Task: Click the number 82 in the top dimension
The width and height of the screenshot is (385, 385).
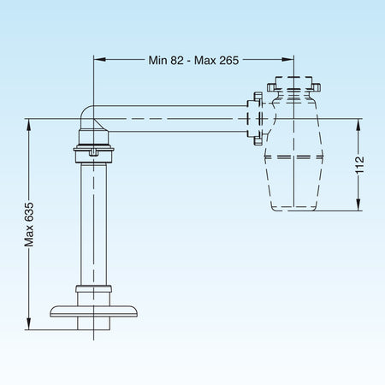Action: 177,60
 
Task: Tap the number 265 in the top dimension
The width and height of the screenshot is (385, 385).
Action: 229,60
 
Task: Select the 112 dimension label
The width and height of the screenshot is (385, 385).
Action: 360,164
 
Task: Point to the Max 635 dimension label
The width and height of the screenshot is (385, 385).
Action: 29,224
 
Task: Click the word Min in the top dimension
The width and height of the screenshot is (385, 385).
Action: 158,60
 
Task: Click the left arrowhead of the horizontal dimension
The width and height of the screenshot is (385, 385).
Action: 100,60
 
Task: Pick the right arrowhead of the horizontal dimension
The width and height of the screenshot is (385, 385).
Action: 287,60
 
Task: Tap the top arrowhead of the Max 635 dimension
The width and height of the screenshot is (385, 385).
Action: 28,125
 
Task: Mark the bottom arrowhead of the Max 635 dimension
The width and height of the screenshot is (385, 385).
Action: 28,323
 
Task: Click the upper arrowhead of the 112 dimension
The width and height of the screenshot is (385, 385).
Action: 358,125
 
